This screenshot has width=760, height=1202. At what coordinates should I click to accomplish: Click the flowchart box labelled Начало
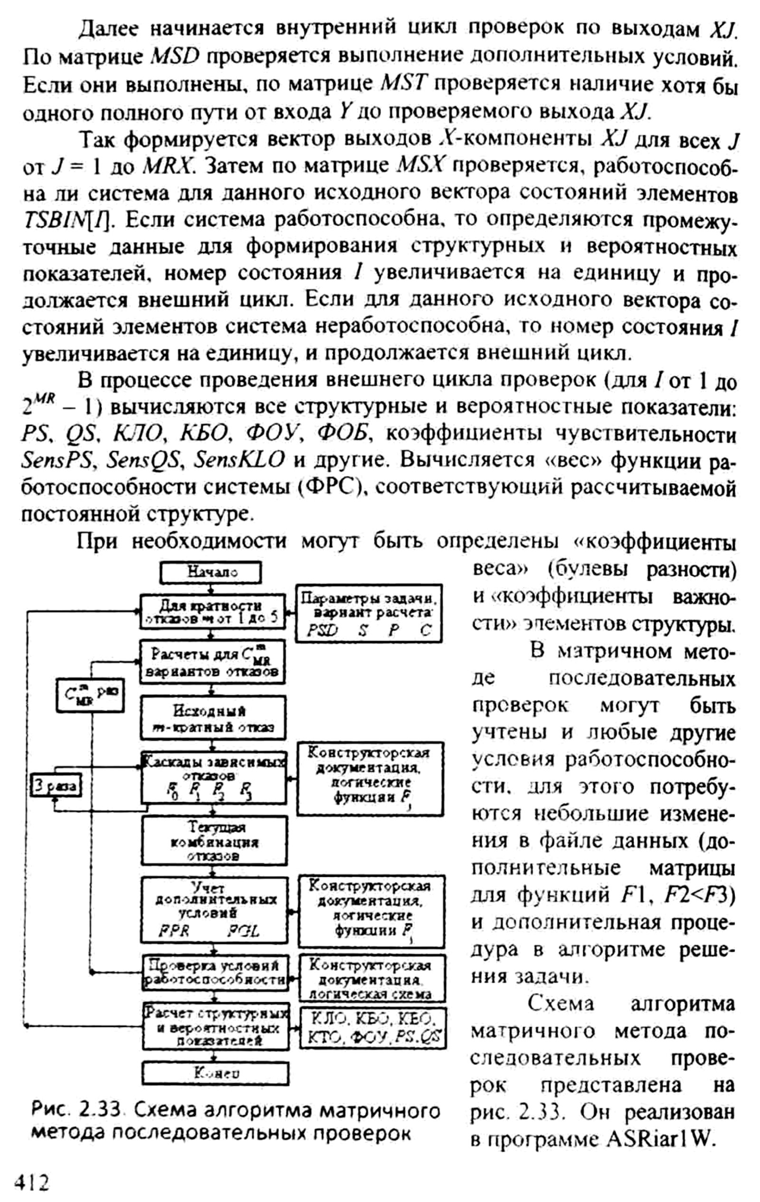point(210,572)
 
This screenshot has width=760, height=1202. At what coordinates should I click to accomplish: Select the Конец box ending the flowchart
point(216,1073)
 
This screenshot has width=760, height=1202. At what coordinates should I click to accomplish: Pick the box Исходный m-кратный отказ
point(213,718)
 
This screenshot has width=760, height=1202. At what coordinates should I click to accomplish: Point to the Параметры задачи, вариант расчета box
point(369,614)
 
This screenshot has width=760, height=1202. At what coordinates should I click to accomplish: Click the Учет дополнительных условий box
point(215,908)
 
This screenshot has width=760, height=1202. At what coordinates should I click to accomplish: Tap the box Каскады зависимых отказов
point(214,777)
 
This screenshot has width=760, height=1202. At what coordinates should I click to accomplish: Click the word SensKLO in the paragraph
point(239,459)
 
